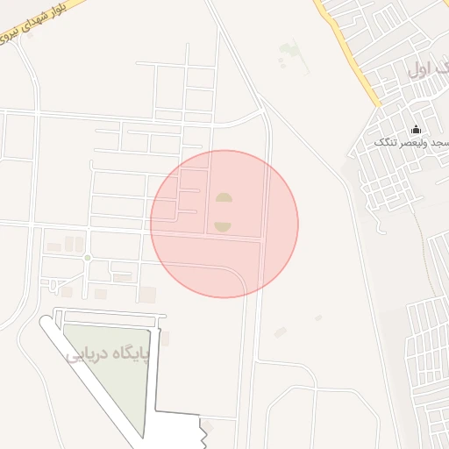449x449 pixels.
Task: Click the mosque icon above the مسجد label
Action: coord(416,130)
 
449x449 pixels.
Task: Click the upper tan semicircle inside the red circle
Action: coord(224,197)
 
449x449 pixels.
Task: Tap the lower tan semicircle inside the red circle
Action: coord(223,226)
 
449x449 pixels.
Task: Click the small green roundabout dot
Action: coord(87,257)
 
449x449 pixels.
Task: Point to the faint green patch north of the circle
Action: coord(289,54)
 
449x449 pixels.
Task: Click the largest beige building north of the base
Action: coord(146,294)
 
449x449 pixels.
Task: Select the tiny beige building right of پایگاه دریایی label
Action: coord(165,338)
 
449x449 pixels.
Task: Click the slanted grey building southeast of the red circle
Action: coord(280,332)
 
